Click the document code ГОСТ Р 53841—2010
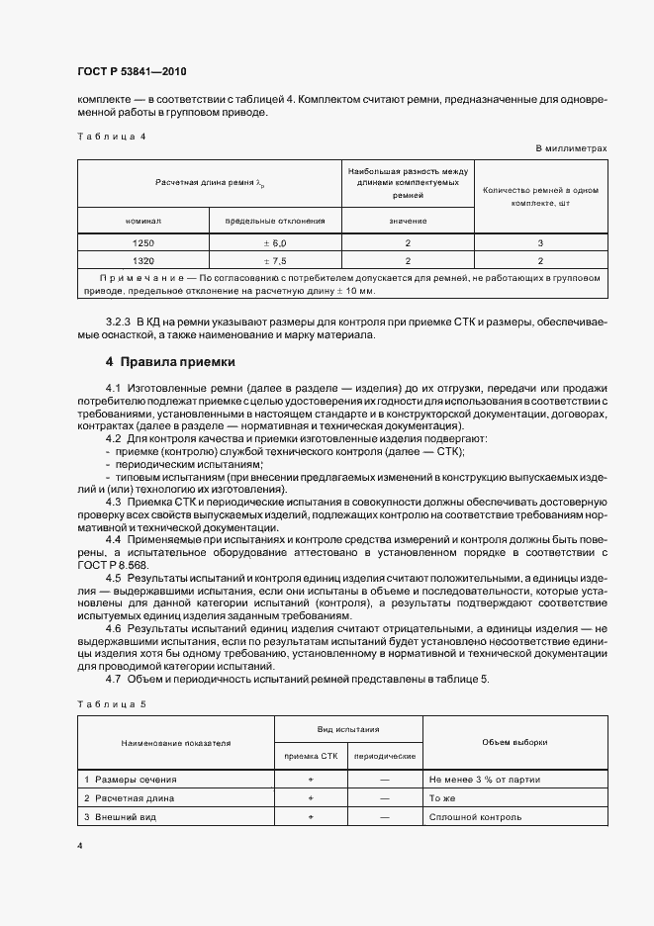click(x=132, y=72)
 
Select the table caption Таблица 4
click(x=111, y=136)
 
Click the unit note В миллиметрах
click(x=571, y=148)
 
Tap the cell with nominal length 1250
click(x=142, y=242)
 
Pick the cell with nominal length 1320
click(x=142, y=261)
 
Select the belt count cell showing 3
click(x=540, y=242)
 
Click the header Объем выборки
click(x=514, y=741)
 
